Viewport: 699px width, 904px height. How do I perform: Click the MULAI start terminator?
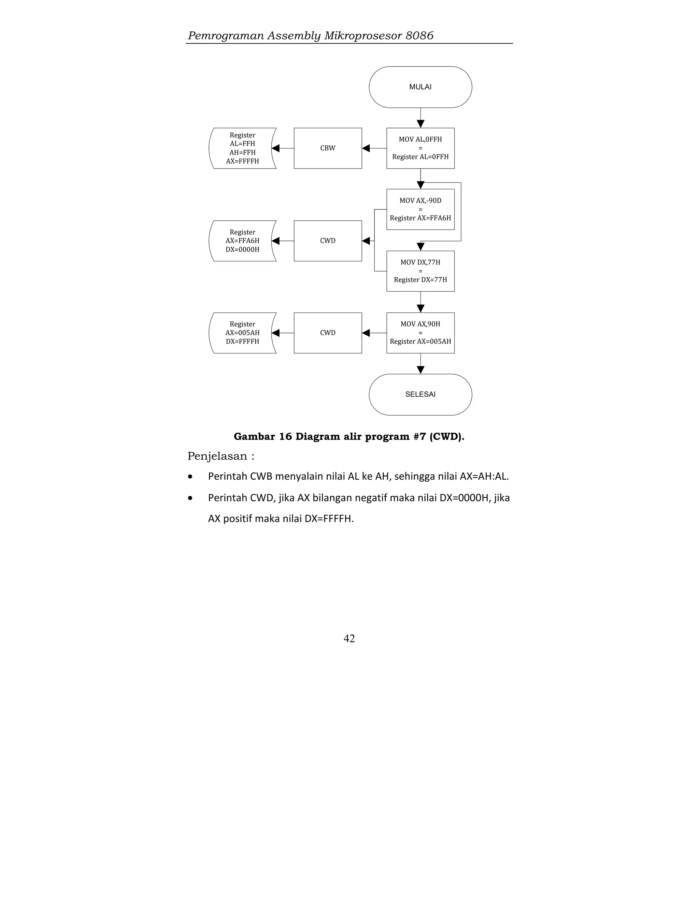pos(420,87)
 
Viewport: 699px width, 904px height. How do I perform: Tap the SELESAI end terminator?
pos(420,394)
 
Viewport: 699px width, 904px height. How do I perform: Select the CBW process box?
pos(328,148)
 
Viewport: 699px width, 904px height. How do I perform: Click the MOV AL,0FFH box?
pos(420,148)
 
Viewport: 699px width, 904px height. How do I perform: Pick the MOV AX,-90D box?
pos(420,209)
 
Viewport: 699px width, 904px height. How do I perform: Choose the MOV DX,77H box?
pos(420,271)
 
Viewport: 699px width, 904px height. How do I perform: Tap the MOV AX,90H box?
pos(420,333)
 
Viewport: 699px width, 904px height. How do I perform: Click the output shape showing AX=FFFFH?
pos(243,148)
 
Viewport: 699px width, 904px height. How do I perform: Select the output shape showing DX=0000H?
pos(243,241)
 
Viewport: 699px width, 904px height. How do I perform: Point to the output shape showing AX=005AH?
pos(243,333)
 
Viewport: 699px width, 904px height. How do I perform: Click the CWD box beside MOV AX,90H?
pos(328,333)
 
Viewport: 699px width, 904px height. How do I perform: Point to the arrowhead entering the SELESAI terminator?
pos(420,370)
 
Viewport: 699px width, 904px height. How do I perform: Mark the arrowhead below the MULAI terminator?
pos(420,124)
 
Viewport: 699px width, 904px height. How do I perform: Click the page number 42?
pos(349,638)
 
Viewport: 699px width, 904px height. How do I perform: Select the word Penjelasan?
pos(217,456)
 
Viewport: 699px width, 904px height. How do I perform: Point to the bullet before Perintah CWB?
pos(190,477)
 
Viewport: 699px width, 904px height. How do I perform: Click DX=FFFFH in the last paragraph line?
pos(329,519)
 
